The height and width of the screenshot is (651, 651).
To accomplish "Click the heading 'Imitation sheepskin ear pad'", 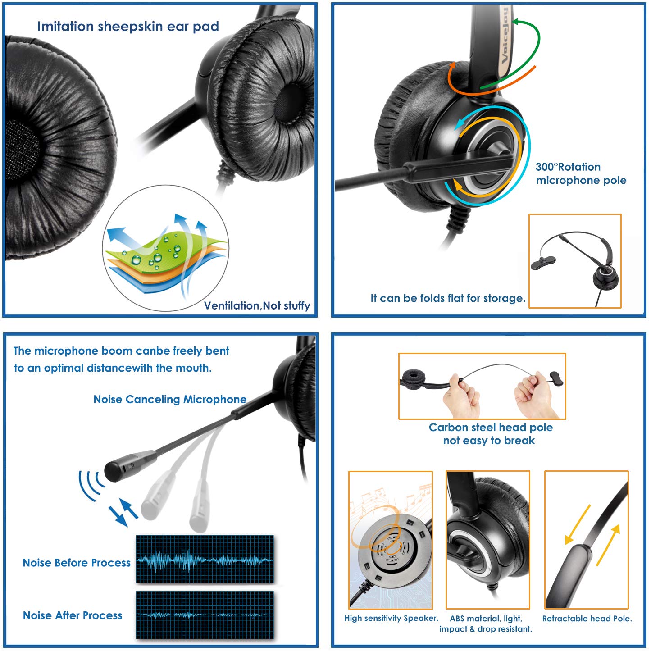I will click(128, 27).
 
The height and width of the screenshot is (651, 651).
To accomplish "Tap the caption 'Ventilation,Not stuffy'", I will click(257, 306).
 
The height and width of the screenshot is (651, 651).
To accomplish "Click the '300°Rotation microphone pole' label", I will click(580, 174).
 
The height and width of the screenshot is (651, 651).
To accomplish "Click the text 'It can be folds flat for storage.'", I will click(448, 298).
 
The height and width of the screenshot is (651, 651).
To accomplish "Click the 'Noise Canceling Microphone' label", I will click(170, 400).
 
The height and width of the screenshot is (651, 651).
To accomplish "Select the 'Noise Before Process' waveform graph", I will click(205, 560).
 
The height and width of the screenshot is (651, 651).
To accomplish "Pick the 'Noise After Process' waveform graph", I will click(205, 615).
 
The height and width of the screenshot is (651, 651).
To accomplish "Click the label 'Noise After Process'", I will click(73, 616).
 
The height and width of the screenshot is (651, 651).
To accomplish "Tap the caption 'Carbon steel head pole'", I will click(491, 428).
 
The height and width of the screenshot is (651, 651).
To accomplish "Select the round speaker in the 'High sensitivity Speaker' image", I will click(390, 547).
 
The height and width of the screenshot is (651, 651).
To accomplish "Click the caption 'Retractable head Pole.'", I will click(587, 619).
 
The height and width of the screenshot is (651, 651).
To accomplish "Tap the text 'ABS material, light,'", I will click(486, 619).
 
